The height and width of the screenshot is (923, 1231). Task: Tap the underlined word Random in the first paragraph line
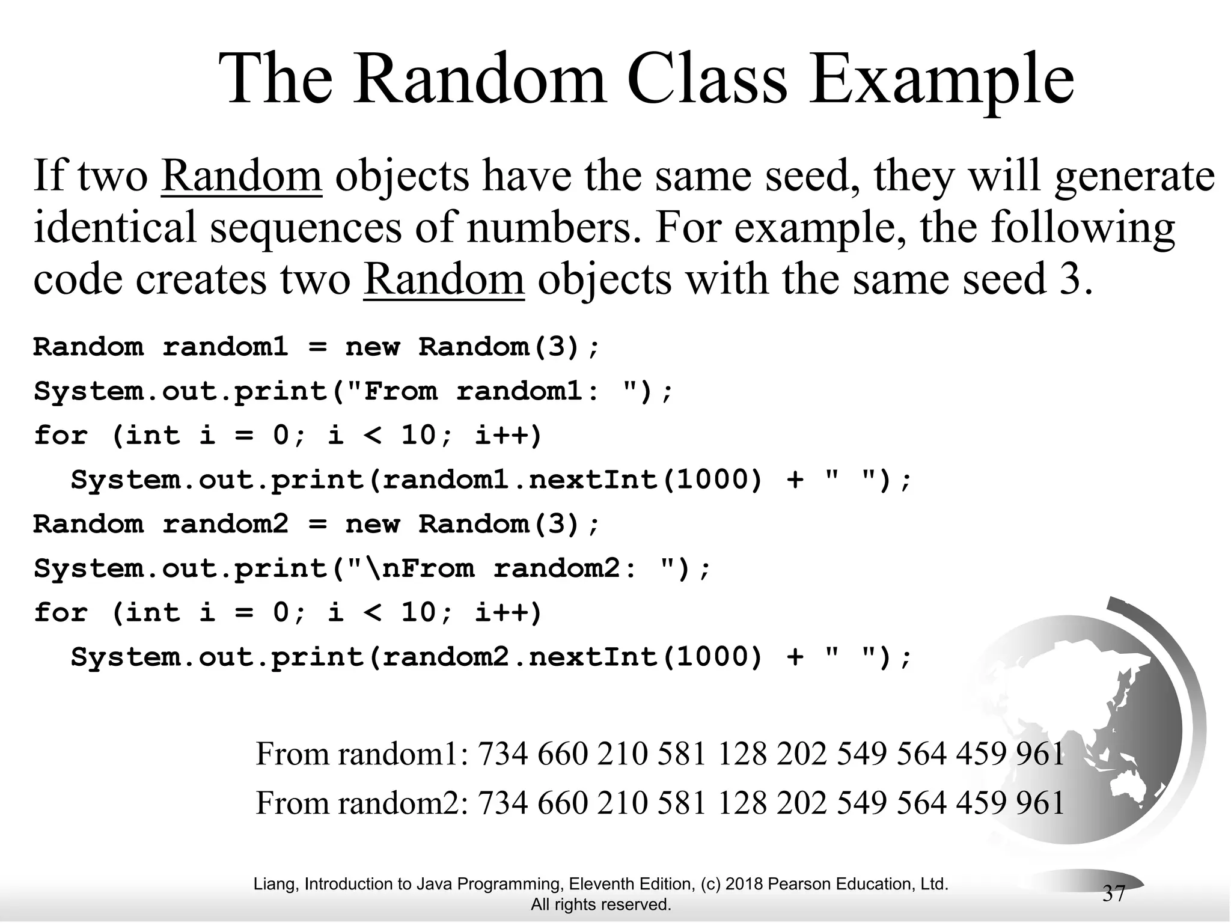pyautogui.click(x=242, y=175)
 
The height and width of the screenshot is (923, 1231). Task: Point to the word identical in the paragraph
pyautogui.click(x=115, y=227)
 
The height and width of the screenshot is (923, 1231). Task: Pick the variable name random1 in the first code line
pyautogui.click(x=225, y=347)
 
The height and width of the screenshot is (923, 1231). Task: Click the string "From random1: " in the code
pyautogui.click(x=491, y=392)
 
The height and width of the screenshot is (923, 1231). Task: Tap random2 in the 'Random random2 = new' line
pyautogui.click(x=225, y=524)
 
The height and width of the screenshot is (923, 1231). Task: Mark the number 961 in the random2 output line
pyautogui.click(x=1040, y=803)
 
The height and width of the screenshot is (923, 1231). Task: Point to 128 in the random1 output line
pyautogui.click(x=742, y=754)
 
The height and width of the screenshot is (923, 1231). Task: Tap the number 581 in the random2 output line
pyautogui.click(x=682, y=803)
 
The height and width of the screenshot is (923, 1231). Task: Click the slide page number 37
pyautogui.click(x=1113, y=894)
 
